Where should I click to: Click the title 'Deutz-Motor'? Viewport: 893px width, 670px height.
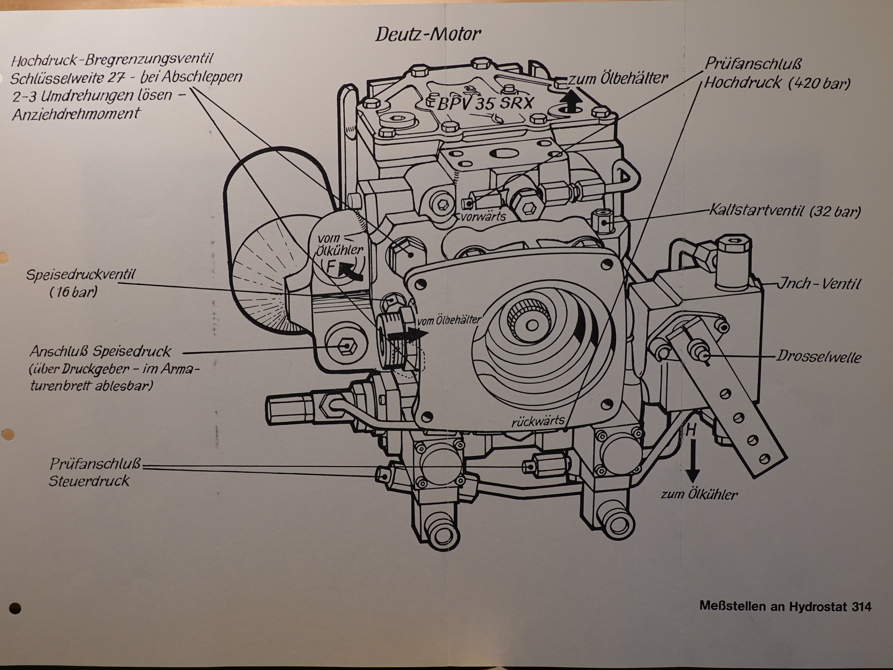428,35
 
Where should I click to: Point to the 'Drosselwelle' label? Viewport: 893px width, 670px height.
819,357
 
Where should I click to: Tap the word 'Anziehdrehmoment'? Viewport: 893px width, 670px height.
75,114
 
